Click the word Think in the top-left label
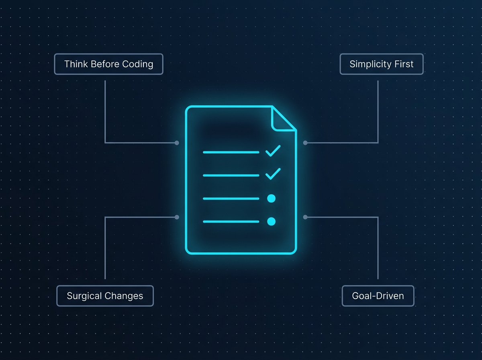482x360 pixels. click(x=76, y=64)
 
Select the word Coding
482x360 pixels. click(x=138, y=64)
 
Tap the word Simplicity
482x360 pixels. click(x=370, y=64)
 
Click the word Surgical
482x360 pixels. click(x=84, y=296)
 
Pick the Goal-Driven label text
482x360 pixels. click(x=378, y=296)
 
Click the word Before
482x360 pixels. click(x=105, y=64)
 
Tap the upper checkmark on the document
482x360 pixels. click(x=273, y=151)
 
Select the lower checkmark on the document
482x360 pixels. click(x=273, y=174)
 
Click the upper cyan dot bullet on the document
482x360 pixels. click(x=272, y=198)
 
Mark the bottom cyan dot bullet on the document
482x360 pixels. click(x=272, y=222)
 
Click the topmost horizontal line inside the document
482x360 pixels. click(x=231, y=152)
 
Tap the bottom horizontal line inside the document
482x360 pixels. click(x=231, y=222)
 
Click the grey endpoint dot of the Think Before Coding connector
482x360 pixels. click(x=177, y=143)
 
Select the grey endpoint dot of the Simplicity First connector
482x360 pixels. click(x=305, y=143)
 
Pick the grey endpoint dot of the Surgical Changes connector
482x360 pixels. click(x=177, y=217)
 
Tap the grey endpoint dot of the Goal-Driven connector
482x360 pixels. click(x=305, y=217)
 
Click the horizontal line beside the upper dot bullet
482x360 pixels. click(x=231, y=198)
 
